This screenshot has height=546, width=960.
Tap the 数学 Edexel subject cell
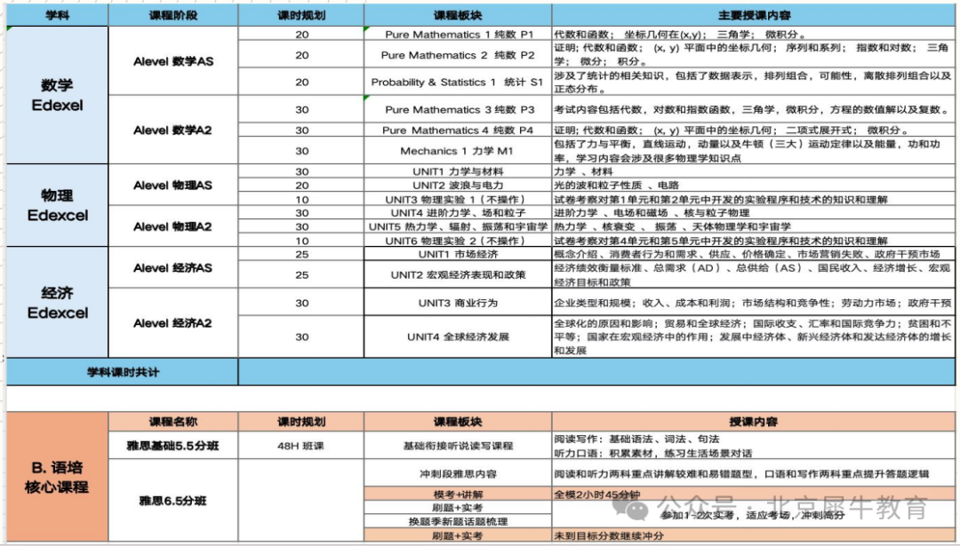click(x=57, y=95)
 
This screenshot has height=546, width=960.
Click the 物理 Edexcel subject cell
click(x=57, y=205)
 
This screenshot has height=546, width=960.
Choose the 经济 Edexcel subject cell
click(x=57, y=303)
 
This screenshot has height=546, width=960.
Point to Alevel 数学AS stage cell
click(x=173, y=61)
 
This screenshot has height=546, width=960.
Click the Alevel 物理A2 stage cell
click(x=173, y=226)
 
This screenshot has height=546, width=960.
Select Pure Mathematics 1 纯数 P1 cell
click(x=458, y=35)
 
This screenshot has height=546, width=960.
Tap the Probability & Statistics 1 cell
click(x=458, y=83)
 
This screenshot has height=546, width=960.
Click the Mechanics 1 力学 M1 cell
click(x=458, y=151)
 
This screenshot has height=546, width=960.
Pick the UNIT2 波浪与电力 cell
click(x=458, y=186)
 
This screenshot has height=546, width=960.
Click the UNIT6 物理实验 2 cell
click(x=458, y=241)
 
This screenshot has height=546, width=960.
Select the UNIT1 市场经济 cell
click(x=458, y=255)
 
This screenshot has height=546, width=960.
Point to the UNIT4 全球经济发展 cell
click(x=458, y=336)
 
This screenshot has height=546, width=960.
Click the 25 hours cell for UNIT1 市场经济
click(x=301, y=255)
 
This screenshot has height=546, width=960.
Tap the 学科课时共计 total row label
click(x=123, y=372)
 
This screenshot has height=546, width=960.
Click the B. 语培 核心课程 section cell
click(x=57, y=476)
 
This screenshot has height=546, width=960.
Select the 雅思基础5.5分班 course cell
click(x=173, y=446)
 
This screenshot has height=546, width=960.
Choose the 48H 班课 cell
click(x=301, y=446)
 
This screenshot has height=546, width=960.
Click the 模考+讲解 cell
click(x=458, y=495)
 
